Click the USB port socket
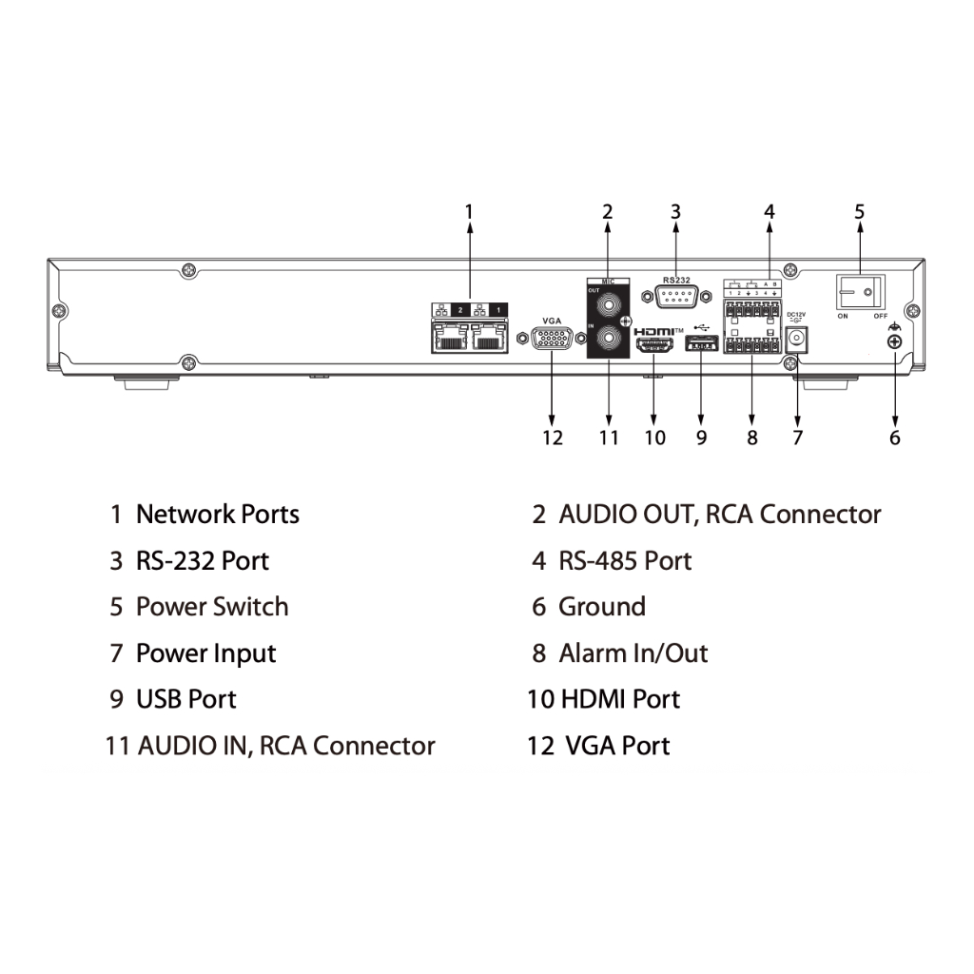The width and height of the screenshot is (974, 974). click(x=701, y=343)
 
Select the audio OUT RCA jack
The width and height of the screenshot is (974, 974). click(x=608, y=305)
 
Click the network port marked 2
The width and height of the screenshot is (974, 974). click(x=448, y=337)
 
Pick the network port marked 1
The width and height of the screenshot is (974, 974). click(x=489, y=337)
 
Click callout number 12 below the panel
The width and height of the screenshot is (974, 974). click(x=553, y=438)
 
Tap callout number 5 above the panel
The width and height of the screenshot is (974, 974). click(x=860, y=211)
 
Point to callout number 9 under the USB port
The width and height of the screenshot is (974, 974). click(x=701, y=438)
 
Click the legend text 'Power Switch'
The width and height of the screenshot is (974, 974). click(x=212, y=607)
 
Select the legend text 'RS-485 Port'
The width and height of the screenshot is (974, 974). click(x=625, y=561)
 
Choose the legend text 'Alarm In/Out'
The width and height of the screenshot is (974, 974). click(x=633, y=653)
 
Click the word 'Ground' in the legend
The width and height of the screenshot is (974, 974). click(x=602, y=607)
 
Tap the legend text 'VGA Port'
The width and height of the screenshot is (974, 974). click(x=618, y=746)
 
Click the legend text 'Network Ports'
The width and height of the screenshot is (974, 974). click(x=218, y=515)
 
